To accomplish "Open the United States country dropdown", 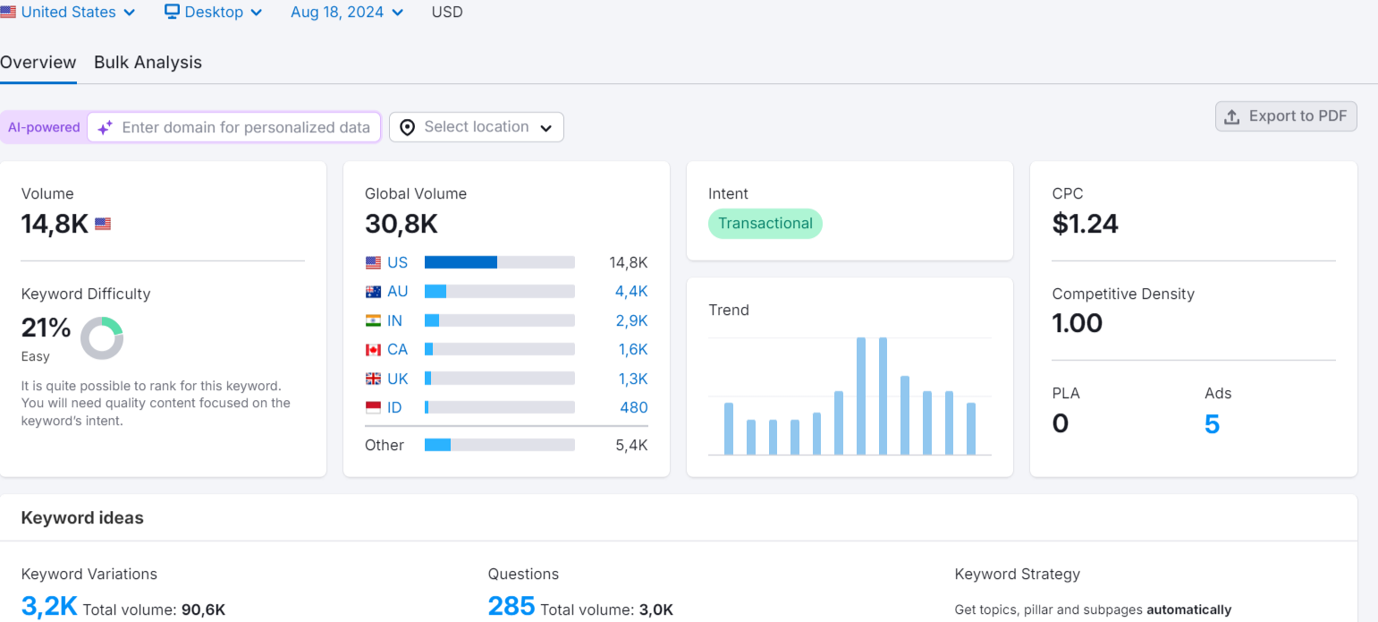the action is pos(68,13).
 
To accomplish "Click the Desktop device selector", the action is pos(214,13).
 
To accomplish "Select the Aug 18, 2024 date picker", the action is pos(347,13).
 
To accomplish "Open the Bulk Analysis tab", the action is pos(148,63).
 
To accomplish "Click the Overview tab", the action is pos(38,63).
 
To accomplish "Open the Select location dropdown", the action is pos(476,127).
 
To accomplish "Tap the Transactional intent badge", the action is pos(765,224).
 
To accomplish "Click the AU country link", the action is pos(397,291).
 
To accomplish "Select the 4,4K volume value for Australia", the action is pos(631,291).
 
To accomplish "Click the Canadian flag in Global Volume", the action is pos(373,350).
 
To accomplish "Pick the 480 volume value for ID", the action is pos(634,408).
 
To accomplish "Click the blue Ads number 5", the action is pos(1212,424).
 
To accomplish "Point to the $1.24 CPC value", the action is pos(1085,224).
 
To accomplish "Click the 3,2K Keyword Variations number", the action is pos(49,607).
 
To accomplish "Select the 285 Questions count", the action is pos(511,607).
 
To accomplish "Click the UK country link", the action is pos(397,379).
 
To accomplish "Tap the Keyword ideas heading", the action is pos(82,518).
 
